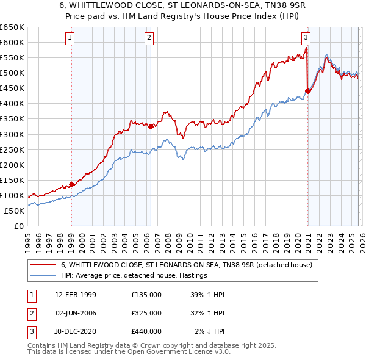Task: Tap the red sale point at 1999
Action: tap(71, 184)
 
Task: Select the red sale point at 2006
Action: tap(151, 126)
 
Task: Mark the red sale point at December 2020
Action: tap(307, 92)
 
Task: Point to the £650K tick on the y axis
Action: tap(12, 27)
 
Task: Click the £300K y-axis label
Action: tap(12, 134)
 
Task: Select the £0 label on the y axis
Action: tap(18, 226)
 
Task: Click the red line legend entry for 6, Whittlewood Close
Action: tap(186, 265)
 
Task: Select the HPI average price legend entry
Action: tap(134, 276)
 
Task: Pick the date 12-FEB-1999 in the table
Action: tap(76, 295)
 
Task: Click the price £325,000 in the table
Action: tap(146, 313)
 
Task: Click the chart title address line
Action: tap(182, 5)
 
